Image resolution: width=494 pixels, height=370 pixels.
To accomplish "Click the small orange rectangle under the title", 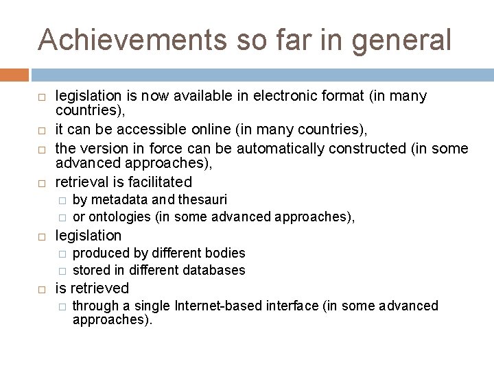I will point(14,75).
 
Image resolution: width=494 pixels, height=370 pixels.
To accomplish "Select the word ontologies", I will point(119,217).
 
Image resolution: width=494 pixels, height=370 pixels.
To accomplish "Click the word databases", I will point(213,270).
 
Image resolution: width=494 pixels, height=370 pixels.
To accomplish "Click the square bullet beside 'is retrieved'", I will point(43,289).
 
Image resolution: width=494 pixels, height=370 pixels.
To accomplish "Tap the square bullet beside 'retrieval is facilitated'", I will point(43,183).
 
